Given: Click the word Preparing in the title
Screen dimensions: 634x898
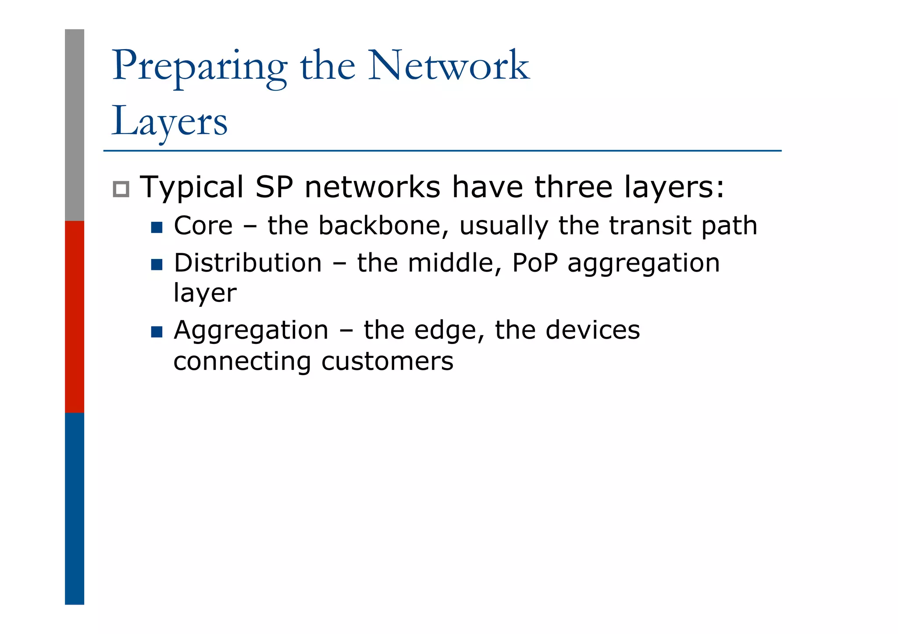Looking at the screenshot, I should pyautogui.click(x=200, y=67).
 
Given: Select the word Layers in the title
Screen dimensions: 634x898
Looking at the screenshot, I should pyautogui.click(x=170, y=121).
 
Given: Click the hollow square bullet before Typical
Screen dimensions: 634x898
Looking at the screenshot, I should pyautogui.click(x=121, y=189).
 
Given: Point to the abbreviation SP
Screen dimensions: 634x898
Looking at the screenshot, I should pyautogui.click(x=274, y=187).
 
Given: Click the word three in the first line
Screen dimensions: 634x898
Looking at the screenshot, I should pyautogui.click(x=573, y=187).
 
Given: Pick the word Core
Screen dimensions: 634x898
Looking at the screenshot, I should pyautogui.click(x=203, y=226).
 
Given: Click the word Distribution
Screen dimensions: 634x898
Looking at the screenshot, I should pyautogui.click(x=248, y=263).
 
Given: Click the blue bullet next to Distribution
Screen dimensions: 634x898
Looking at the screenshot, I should pyautogui.click(x=157, y=265).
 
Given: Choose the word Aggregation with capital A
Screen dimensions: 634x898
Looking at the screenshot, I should pyautogui.click(x=251, y=330).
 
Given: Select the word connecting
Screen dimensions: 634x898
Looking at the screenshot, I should pyautogui.click(x=242, y=362).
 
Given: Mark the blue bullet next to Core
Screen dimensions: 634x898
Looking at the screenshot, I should pyautogui.click(x=157, y=227).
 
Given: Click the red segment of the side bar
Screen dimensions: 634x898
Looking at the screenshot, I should pyautogui.click(x=75, y=316).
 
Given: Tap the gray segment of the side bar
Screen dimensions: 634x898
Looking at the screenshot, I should pyautogui.click(x=75, y=125).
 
